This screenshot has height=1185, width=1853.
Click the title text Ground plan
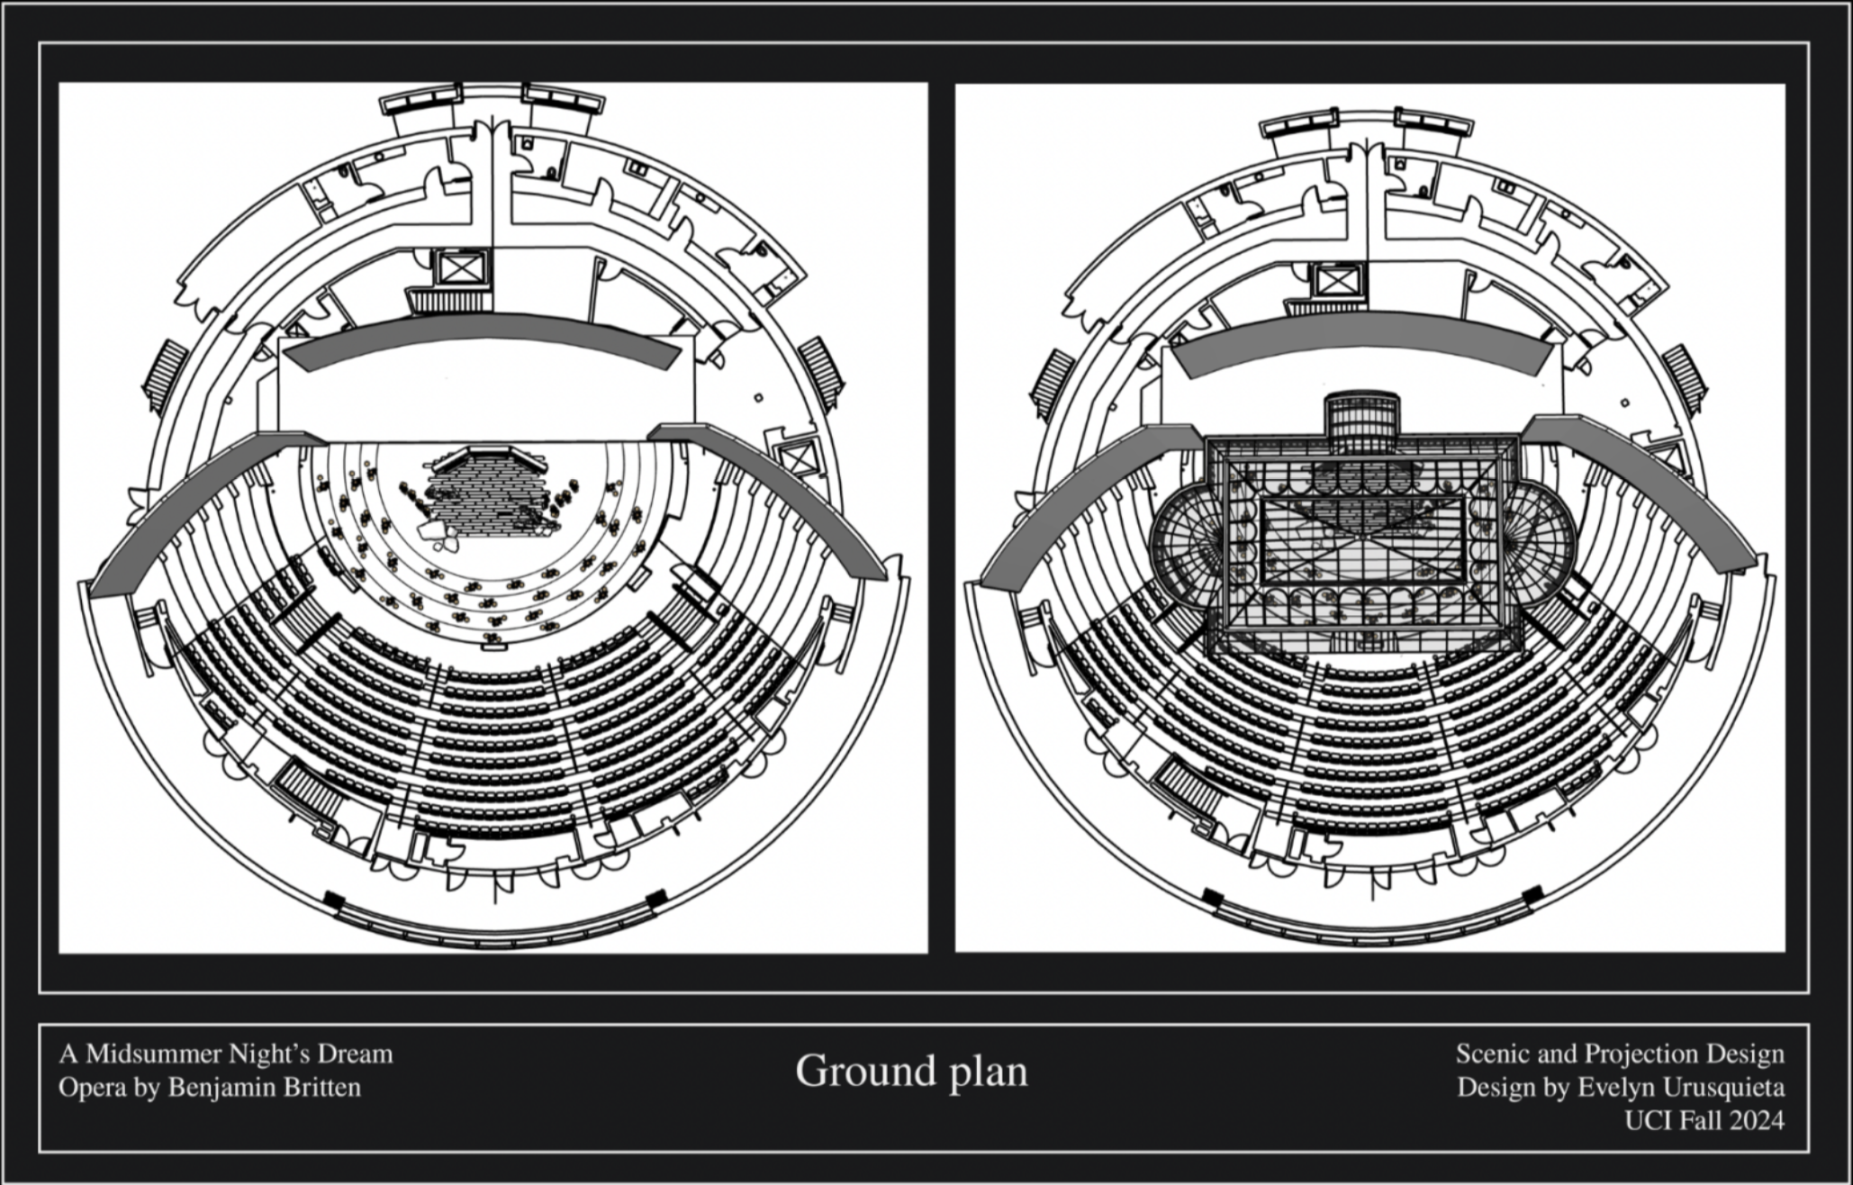910,1071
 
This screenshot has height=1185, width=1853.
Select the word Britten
321,1088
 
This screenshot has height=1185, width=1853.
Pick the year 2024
1752,1121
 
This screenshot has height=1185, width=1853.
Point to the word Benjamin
220,1088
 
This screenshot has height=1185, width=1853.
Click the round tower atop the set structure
1361,419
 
